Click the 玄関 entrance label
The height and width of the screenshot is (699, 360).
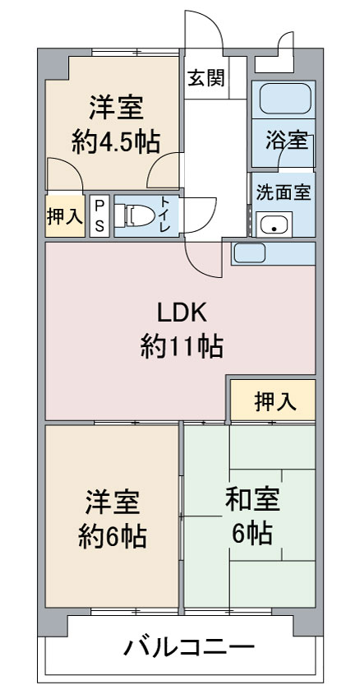click(205, 78)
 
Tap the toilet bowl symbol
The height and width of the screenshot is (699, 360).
click(135, 215)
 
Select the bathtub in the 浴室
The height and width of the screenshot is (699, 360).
click(284, 99)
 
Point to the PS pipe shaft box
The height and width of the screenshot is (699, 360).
click(99, 215)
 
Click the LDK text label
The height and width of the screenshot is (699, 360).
click(182, 314)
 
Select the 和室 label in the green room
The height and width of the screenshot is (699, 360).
click(252, 500)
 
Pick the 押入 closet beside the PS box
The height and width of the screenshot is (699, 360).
click(65, 215)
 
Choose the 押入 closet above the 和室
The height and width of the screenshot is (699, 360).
click(273, 400)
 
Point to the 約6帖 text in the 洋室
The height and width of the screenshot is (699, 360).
click(113, 537)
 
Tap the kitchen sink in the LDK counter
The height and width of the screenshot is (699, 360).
click(250, 253)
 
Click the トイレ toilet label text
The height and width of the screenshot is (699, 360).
click(167, 216)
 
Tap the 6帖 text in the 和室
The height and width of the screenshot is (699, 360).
click(252, 532)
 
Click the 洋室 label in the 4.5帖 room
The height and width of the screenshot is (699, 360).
click(116, 108)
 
